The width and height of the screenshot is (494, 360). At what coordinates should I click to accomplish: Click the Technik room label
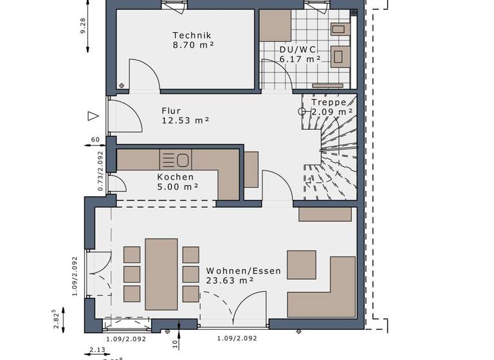[x=192, y=35]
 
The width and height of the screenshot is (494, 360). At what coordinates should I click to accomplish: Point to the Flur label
[x=171, y=110]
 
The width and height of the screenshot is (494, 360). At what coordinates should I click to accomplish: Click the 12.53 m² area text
[x=185, y=120]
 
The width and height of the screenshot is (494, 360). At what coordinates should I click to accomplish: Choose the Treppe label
[x=329, y=102]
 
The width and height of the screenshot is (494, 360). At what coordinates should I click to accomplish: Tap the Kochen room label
[x=175, y=177]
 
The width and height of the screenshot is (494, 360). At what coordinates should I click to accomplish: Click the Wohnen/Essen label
[x=243, y=271]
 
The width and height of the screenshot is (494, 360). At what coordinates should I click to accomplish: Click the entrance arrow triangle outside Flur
[x=93, y=116]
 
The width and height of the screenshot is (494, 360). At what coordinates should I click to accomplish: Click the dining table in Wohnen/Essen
[x=161, y=274]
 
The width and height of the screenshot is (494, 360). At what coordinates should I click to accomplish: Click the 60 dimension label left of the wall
[x=95, y=139]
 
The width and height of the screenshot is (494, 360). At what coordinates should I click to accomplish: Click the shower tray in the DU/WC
[x=275, y=24]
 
